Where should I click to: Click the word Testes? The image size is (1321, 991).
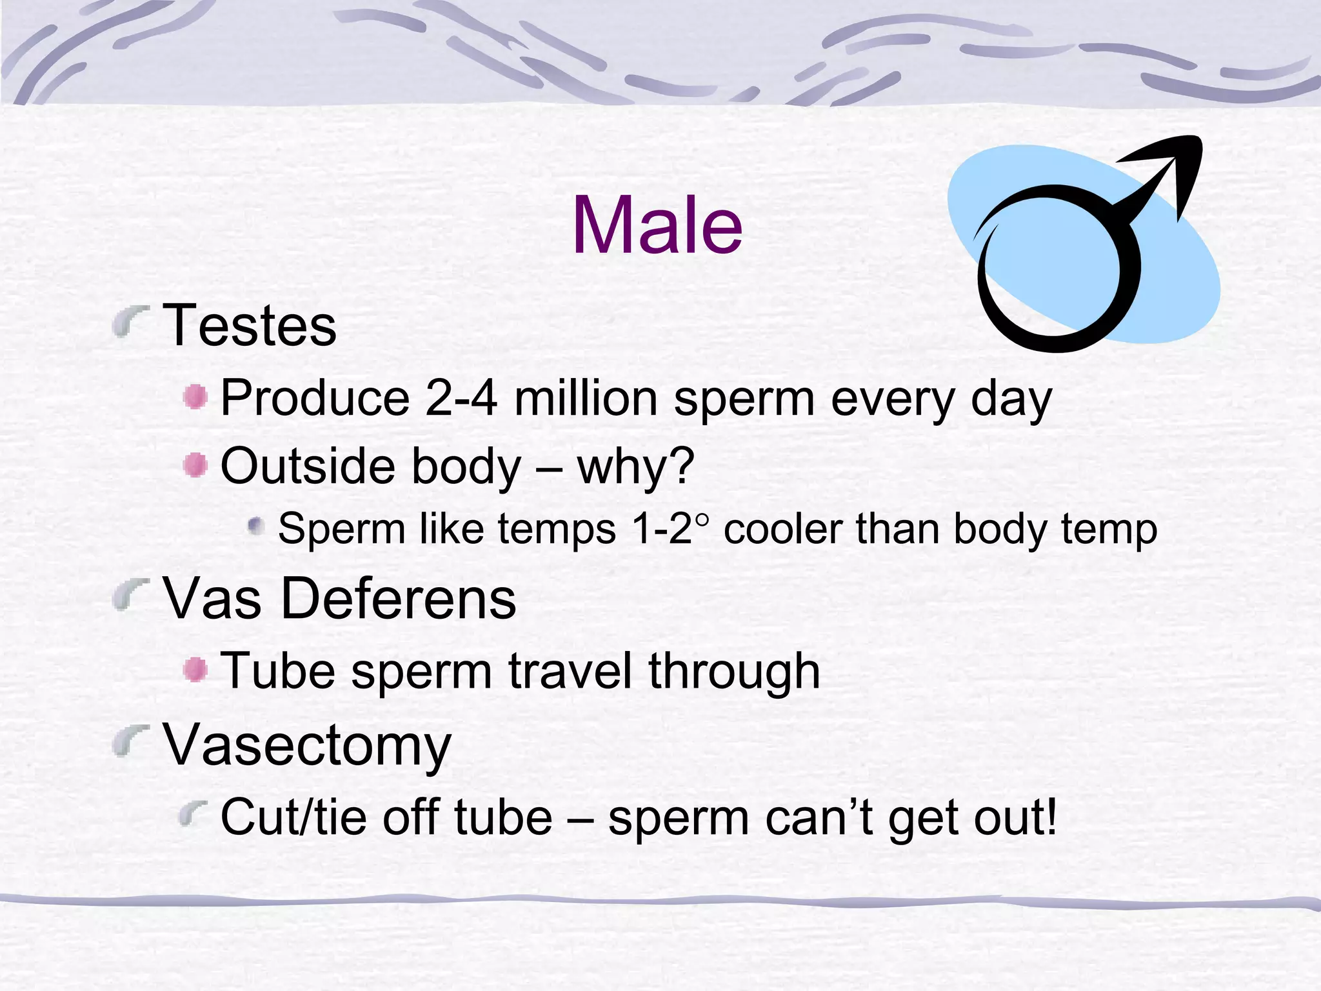[250, 326]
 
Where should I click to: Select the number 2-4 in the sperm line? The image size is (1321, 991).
[461, 398]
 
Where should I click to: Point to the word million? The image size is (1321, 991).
[586, 398]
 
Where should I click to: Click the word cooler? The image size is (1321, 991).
[783, 530]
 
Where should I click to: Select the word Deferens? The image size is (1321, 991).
[399, 599]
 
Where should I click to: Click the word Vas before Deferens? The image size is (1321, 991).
[212, 599]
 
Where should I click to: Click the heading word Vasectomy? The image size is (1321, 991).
[307, 746]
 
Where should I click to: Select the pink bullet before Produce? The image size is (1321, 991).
[195, 397]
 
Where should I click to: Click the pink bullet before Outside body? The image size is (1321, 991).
[195, 465]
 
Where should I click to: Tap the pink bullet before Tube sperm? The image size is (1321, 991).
[195, 670]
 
